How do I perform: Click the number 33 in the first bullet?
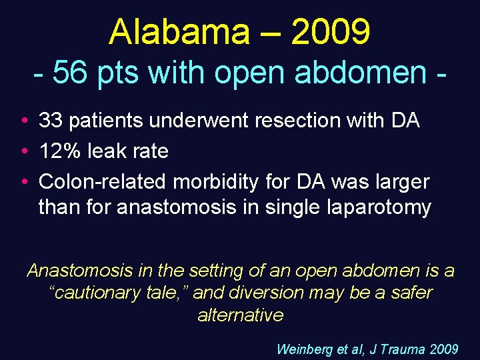point(49,121)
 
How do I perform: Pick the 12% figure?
point(57,151)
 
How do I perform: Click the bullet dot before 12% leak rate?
point(23,151)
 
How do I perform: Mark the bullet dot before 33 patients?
point(23,121)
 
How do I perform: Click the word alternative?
point(240,314)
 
